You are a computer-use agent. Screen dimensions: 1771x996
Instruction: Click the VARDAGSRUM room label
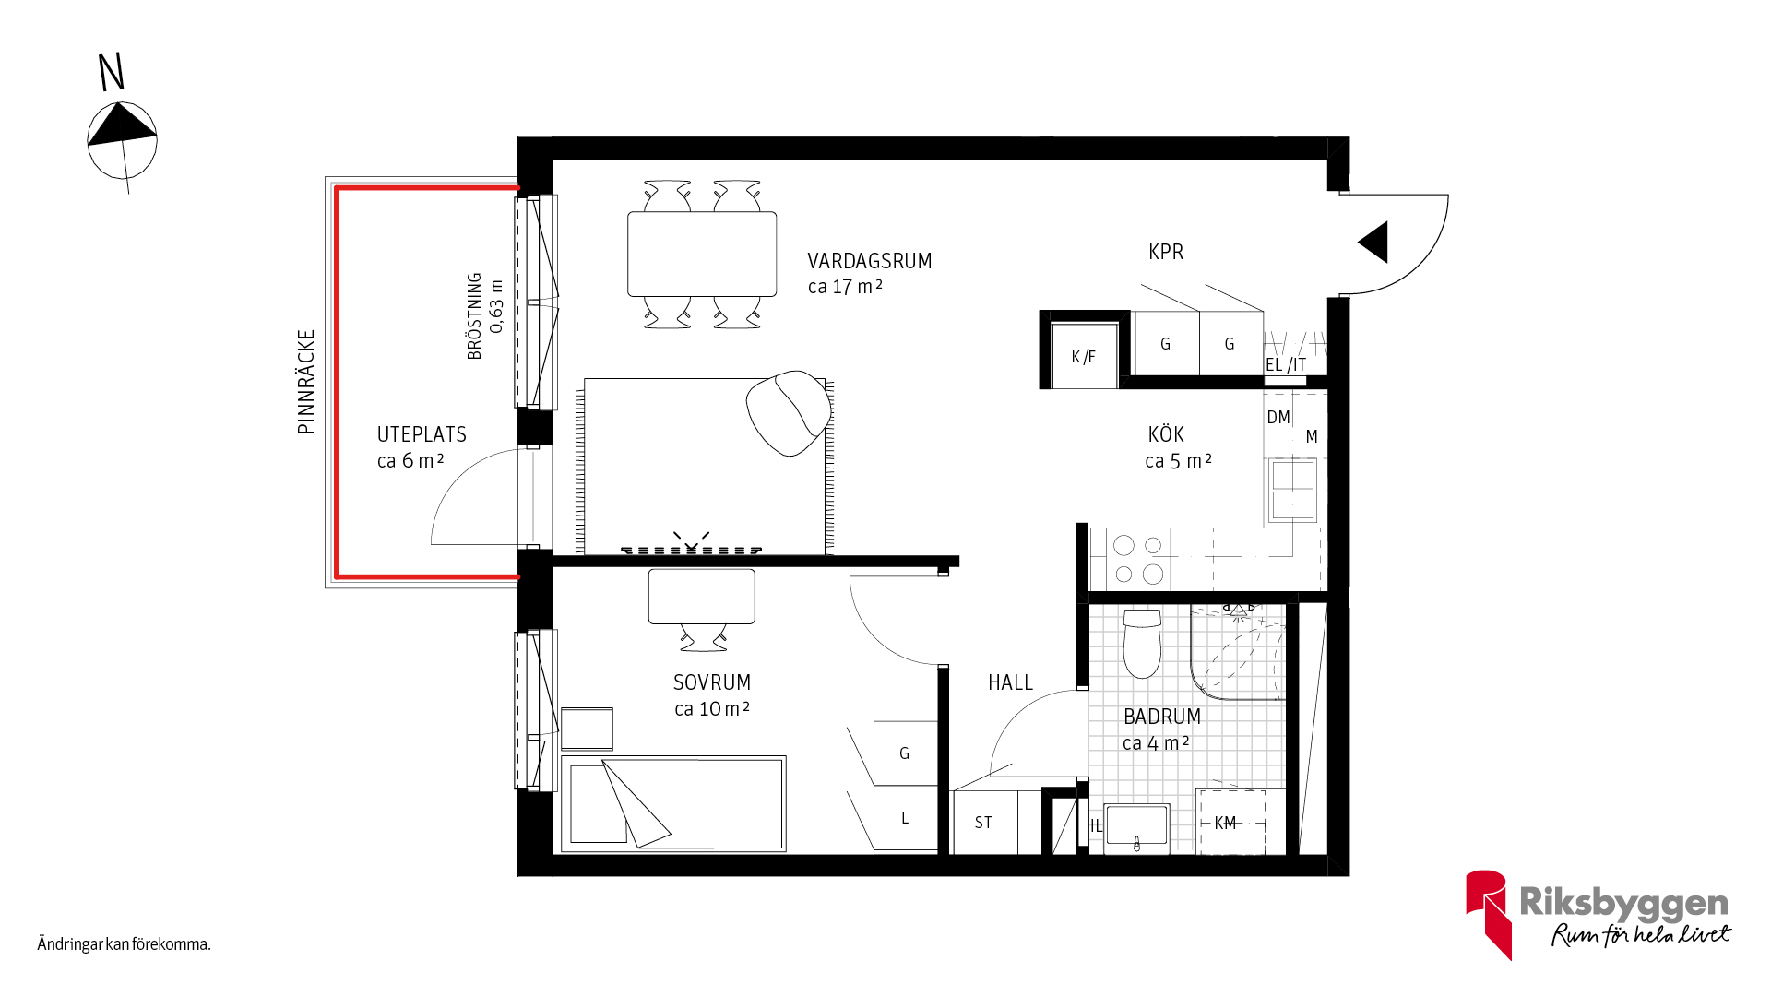(870, 262)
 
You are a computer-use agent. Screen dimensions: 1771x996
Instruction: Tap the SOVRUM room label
(712, 683)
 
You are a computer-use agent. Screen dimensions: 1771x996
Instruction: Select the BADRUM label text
(1162, 717)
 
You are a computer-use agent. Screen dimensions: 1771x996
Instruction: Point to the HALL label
(1010, 683)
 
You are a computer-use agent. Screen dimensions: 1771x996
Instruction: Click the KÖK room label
(1166, 434)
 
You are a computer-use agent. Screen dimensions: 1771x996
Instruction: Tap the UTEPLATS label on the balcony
(422, 435)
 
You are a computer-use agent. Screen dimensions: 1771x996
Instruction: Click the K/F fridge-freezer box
(1085, 356)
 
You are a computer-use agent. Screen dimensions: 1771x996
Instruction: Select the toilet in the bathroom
(1142, 643)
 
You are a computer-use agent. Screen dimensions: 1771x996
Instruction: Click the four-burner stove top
(1138, 560)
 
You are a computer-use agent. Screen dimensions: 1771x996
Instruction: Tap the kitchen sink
(1293, 490)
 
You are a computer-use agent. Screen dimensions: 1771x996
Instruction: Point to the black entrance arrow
(1373, 243)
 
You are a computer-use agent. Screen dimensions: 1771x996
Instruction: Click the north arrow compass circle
(122, 140)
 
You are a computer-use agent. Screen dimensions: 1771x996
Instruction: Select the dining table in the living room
(702, 254)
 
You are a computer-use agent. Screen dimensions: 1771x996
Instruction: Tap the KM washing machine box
(1230, 822)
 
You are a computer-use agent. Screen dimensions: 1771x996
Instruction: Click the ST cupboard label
(983, 823)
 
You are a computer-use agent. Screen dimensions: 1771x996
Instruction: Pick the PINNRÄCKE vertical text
(306, 382)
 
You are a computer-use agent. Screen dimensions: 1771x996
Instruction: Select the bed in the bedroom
(673, 803)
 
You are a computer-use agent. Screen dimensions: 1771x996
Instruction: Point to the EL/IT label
(1286, 365)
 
